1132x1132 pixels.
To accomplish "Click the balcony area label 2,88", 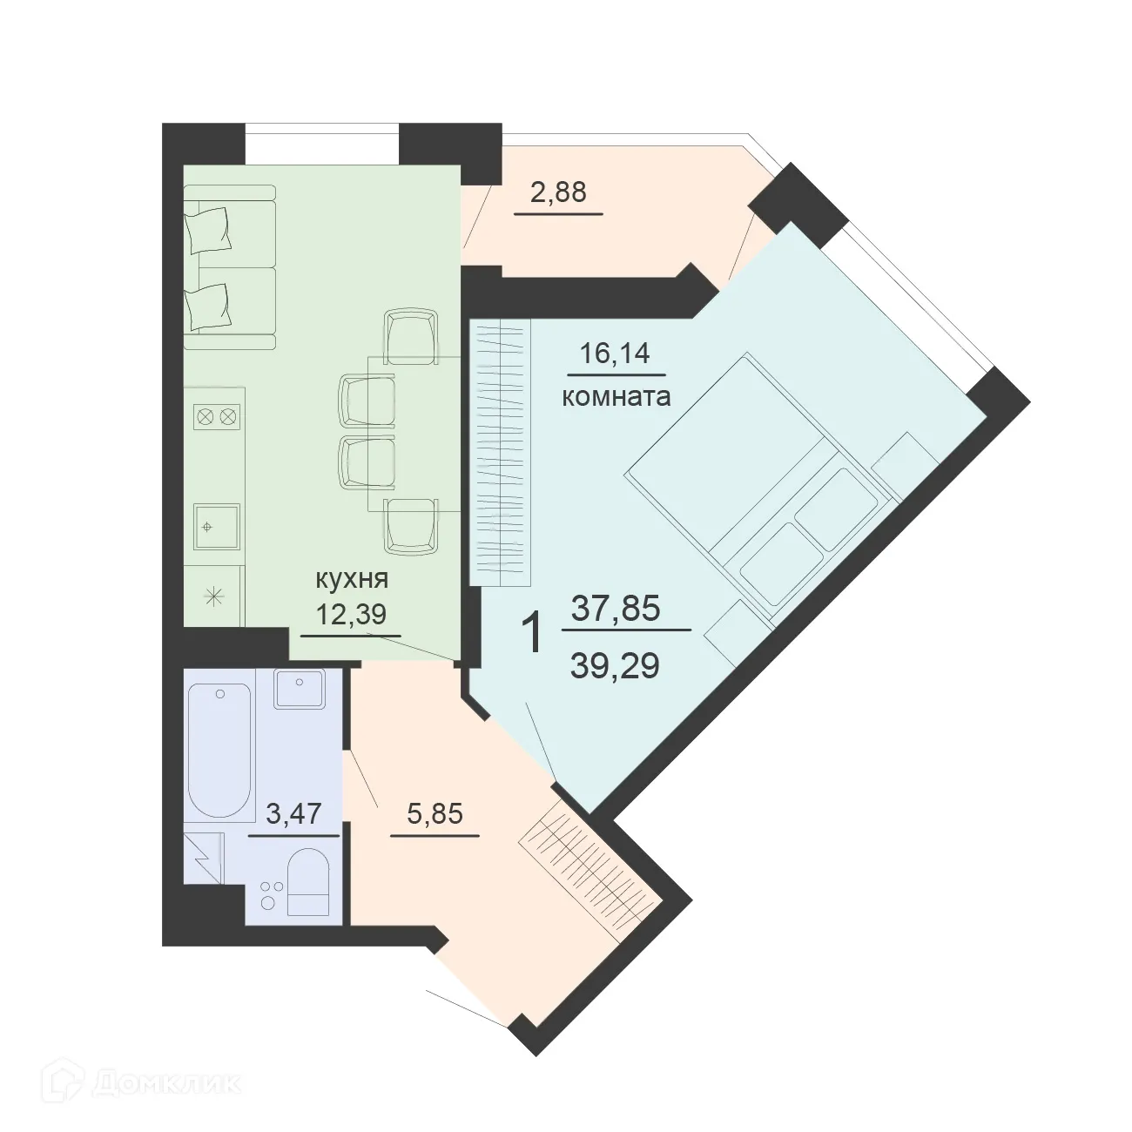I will click(x=558, y=192).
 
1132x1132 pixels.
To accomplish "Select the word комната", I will click(x=616, y=397).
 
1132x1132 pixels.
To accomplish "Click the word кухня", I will click(x=351, y=579).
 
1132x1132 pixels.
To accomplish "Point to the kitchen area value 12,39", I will click(x=351, y=615).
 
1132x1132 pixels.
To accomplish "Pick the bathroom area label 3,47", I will click(x=293, y=814).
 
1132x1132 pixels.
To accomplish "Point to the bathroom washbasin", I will click(x=299, y=690).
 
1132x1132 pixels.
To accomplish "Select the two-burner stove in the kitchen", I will click(x=216, y=417).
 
